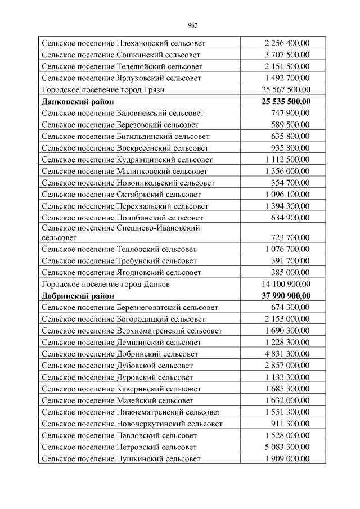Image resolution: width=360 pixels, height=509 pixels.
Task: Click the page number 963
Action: coord(192,25)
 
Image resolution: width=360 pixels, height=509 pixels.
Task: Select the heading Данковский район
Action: coord(78,101)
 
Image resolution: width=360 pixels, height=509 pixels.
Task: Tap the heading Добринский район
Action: coord(78,295)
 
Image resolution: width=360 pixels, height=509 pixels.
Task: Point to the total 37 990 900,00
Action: coord(286,295)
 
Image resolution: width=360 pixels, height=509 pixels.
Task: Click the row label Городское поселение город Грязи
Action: coord(103,89)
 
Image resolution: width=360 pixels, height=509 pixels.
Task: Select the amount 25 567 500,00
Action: coord(286,89)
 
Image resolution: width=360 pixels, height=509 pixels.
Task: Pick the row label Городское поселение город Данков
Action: coord(106,284)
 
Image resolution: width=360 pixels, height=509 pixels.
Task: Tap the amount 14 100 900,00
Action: coord(286,284)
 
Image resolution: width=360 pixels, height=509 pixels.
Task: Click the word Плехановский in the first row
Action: coord(141,43)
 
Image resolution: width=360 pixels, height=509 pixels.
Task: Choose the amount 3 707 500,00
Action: coord(287,55)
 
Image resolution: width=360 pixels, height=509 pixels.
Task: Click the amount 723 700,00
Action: coord(290,237)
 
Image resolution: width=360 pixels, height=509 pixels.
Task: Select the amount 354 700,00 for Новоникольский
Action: coord(290,182)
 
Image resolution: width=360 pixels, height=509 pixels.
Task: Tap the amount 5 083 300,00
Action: coord(287,447)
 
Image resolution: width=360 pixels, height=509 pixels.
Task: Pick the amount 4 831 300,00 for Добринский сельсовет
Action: coord(287,354)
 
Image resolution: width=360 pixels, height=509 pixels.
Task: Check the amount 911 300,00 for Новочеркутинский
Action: coord(290,424)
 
